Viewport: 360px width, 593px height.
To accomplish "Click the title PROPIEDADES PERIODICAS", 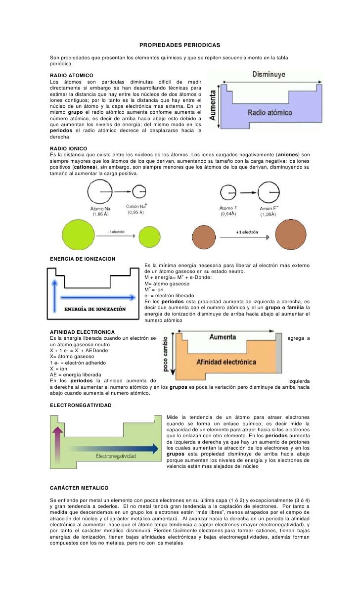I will pyautogui.click(x=180, y=45).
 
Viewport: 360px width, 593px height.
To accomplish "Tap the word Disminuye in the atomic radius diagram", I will pyautogui.click(x=269, y=75).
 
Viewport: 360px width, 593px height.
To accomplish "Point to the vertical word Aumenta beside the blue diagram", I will pyautogui.click(x=213, y=104).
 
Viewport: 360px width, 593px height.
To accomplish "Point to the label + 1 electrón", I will pyautogui.click(x=247, y=231).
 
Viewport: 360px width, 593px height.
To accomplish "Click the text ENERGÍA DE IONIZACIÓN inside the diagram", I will pyautogui.click(x=95, y=309).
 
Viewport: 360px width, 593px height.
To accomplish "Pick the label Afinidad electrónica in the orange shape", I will pyautogui.click(x=226, y=362).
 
